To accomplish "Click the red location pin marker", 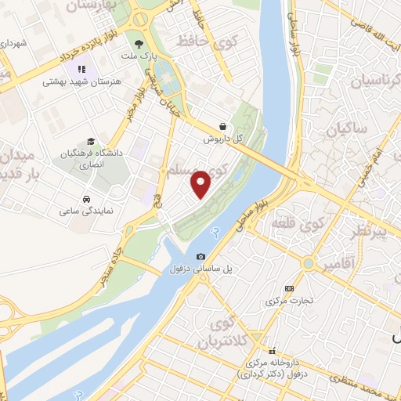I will coord(201,183).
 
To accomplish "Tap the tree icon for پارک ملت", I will coord(139,45).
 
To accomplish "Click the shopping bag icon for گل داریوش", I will coord(223,125).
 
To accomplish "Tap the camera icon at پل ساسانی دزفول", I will coord(201,257).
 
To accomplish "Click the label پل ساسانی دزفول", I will coord(200,269).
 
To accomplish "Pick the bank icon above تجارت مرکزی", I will coord(289,288).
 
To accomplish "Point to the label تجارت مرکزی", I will coord(289,301).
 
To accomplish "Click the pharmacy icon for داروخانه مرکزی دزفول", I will coord(273,351).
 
